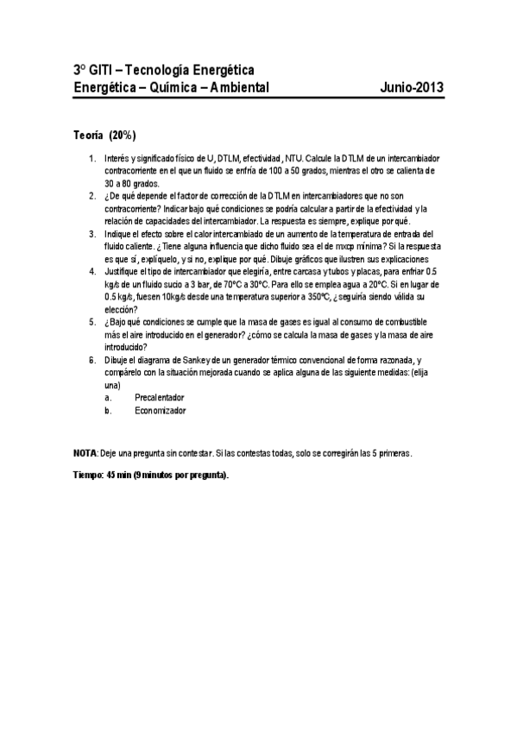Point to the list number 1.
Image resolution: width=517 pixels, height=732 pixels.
pos(92,160)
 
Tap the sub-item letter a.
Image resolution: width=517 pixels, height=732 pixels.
pos(108,397)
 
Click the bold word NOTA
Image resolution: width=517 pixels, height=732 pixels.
pos(85,452)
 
